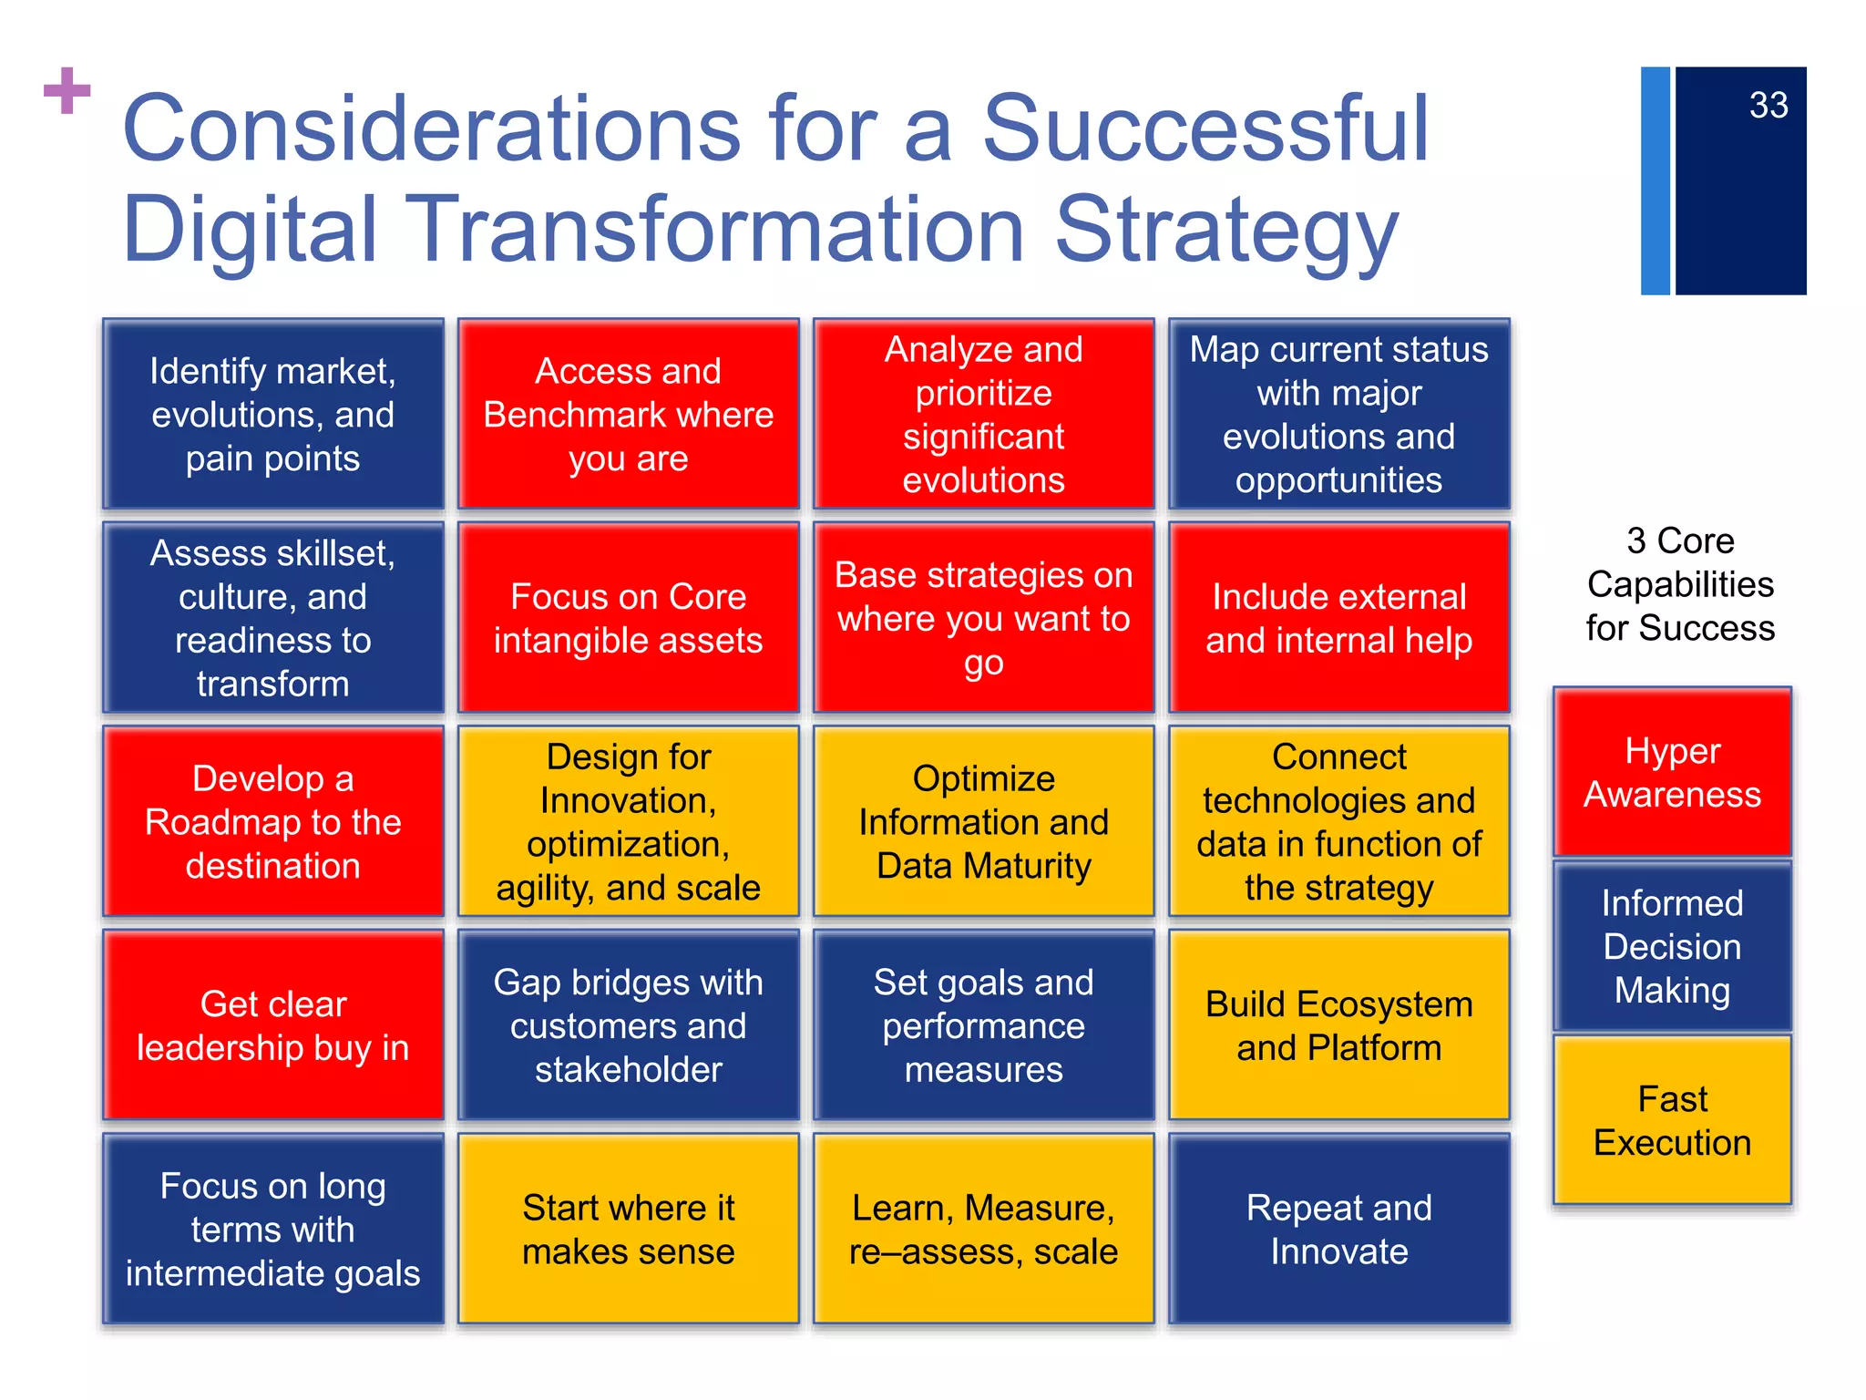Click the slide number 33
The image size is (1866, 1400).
1768,106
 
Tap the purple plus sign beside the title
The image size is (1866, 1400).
67,91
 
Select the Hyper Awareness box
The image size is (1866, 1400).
1672,773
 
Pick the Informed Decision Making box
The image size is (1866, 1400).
1672,946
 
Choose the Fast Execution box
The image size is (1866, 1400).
1672,1120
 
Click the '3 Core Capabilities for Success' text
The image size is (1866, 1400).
1679,584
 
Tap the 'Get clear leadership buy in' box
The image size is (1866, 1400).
273,1025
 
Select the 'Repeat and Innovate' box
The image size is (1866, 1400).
1338,1229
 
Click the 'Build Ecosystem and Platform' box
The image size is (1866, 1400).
1338,1025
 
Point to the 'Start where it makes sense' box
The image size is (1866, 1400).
628,1229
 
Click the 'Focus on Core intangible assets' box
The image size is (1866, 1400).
628,618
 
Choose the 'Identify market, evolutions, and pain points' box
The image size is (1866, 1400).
273,414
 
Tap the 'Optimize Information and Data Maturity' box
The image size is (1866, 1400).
983,821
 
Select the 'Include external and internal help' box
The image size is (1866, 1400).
1338,618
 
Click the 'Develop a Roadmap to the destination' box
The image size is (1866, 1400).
273,821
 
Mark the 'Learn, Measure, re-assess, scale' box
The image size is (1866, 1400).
983,1229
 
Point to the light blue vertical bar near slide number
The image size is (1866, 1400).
1655,180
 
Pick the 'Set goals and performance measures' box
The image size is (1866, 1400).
983,1025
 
